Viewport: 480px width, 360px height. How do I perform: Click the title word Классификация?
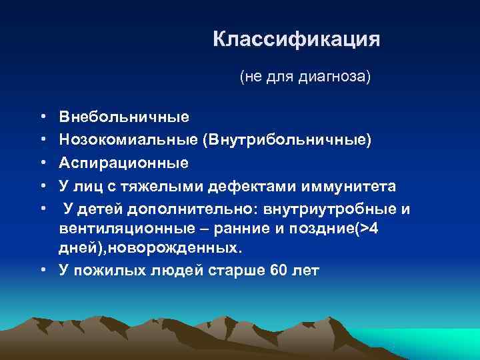click(x=296, y=39)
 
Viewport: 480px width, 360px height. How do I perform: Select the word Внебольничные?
click(x=124, y=117)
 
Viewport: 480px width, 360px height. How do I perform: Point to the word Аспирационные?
click(x=124, y=163)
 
